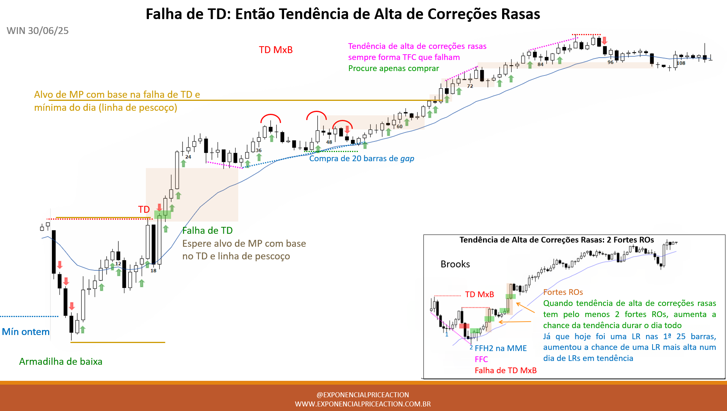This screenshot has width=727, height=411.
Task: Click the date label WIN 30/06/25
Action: click(x=37, y=31)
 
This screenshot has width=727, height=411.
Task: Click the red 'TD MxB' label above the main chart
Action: click(x=276, y=50)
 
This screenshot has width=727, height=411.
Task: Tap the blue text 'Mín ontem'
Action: click(x=26, y=332)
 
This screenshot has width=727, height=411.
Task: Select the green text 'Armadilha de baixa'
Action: click(x=61, y=361)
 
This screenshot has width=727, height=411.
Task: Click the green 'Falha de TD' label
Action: click(x=207, y=230)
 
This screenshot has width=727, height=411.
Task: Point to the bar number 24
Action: click(x=188, y=157)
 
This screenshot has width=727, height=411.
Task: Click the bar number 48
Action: click(x=329, y=142)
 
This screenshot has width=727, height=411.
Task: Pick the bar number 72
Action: click(x=470, y=86)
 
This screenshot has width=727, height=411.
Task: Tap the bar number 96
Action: click(x=611, y=62)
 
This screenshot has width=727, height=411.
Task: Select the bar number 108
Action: click(x=681, y=63)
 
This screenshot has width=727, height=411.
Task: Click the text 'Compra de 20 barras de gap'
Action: click(x=362, y=159)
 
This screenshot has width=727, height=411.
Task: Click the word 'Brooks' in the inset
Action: click(x=455, y=264)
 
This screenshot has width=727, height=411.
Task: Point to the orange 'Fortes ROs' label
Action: click(x=563, y=292)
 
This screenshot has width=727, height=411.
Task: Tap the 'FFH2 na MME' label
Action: click(x=501, y=348)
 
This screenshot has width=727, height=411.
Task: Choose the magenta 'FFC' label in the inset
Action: click(x=481, y=359)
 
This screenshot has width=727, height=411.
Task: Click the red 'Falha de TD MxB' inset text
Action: click(x=506, y=371)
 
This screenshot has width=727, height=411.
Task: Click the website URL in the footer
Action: click(x=363, y=404)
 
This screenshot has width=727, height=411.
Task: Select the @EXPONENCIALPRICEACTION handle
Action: click(x=363, y=395)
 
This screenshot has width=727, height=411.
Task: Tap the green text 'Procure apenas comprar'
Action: click(x=394, y=68)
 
